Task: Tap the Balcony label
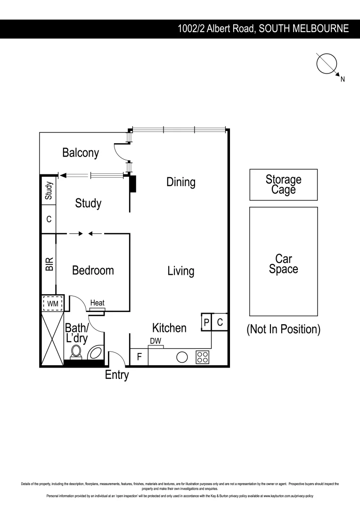(81, 153)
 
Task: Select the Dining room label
(180, 182)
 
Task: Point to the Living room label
(180, 271)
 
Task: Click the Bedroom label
(93, 271)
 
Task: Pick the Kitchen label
(169, 328)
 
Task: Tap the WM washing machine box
(53, 304)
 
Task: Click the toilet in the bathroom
(75, 352)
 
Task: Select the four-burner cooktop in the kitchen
(202, 357)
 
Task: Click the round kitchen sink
(182, 357)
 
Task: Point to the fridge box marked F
(139, 357)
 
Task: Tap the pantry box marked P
(206, 322)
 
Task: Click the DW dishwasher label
(155, 341)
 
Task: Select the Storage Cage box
(283, 185)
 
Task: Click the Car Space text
(283, 264)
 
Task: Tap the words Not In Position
(283, 329)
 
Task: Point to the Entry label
(117, 375)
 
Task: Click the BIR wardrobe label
(49, 264)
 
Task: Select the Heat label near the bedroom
(97, 303)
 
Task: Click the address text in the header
(263, 29)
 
